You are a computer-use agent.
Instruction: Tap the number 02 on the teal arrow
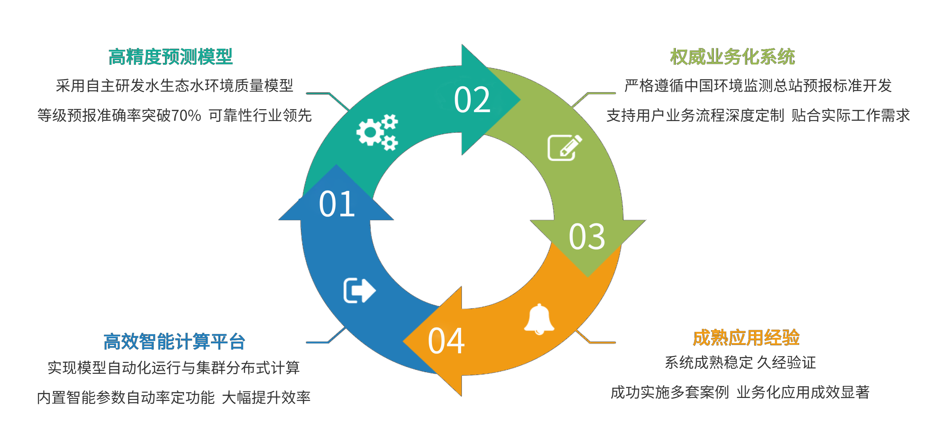tap(472, 100)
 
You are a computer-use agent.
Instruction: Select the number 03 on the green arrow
tap(587, 237)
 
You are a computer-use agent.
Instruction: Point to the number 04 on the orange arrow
tap(446, 341)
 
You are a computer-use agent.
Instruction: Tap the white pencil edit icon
tap(565, 148)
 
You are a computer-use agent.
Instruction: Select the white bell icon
tap(539, 319)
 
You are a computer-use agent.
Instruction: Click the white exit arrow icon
tap(360, 290)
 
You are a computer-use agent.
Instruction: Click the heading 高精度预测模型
tap(171, 57)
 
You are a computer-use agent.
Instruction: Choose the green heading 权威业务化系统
tap(733, 57)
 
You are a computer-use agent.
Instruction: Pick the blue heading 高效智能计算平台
tap(174, 342)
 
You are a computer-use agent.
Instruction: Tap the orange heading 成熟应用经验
tap(746, 337)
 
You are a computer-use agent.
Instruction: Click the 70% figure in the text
tap(186, 115)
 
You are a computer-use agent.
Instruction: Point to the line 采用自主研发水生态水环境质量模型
tap(175, 85)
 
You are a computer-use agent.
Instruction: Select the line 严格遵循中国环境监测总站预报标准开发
tap(758, 85)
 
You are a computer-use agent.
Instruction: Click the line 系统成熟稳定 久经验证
tap(740, 363)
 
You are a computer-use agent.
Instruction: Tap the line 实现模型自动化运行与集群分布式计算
tap(174, 368)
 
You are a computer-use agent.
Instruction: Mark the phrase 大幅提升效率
tap(266, 397)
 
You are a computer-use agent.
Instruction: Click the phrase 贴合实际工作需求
tap(850, 115)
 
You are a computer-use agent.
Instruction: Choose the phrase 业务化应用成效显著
tap(803, 392)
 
